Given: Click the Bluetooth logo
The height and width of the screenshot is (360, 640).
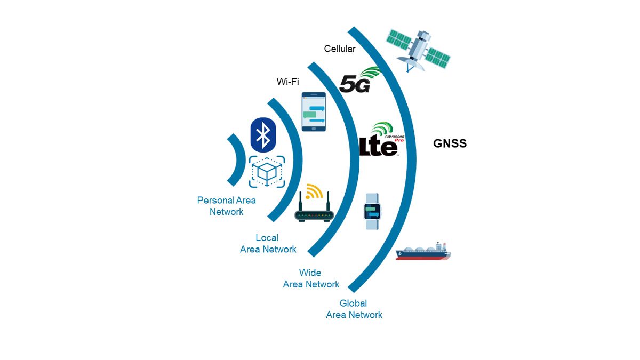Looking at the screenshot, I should pos(262,135).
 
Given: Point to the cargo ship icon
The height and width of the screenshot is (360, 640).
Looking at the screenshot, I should pos(423,251).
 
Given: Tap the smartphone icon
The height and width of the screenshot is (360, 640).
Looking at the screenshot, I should pos(314,112).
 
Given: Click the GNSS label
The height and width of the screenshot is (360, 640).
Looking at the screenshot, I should pos(450,143).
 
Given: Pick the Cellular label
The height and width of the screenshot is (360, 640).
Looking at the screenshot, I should pos(339,49).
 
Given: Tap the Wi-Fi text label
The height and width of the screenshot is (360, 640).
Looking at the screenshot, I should pos(287,82).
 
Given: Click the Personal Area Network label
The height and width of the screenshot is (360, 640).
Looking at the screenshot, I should pos(226,206).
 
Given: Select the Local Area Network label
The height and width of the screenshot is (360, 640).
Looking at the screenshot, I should pos(268,244).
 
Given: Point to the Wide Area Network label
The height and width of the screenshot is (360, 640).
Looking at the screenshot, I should pos(311,278).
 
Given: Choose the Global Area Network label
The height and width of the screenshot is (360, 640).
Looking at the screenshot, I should pos(354,309).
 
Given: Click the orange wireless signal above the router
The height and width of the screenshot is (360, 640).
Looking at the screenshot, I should pos(315,191).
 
